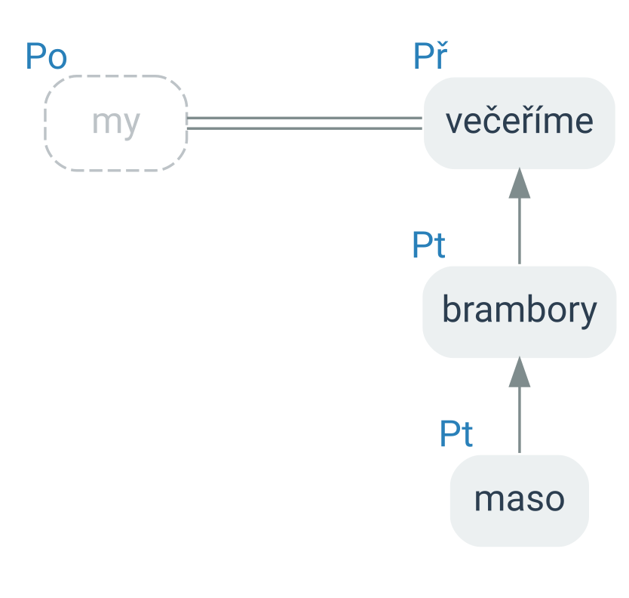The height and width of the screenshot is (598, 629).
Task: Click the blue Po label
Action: pos(46,57)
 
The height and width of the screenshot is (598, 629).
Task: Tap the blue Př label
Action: pos(431,56)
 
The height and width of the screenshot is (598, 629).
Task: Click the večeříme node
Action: pos(520,123)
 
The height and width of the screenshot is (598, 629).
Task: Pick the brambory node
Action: pos(520,312)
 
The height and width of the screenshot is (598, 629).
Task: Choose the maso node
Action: pos(520,501)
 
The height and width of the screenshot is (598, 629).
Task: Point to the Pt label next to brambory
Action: pos(429,245)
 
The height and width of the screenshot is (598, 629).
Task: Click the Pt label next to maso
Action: pos(456,433)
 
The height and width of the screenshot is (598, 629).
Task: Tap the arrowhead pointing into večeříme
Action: pos(520,183)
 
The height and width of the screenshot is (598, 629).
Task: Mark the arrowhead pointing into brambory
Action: pos(520,372)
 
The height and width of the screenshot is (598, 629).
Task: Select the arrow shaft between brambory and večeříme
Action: pos(520,231)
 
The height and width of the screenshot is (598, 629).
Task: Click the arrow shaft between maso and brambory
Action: pos(520,420)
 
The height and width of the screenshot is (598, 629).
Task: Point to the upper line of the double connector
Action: pos(305,118)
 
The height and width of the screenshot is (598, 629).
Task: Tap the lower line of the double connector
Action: pos(305,128)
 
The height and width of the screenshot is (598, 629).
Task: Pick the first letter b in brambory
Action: pos(451,308)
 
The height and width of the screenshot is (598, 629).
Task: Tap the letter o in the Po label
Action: pos(58,60)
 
